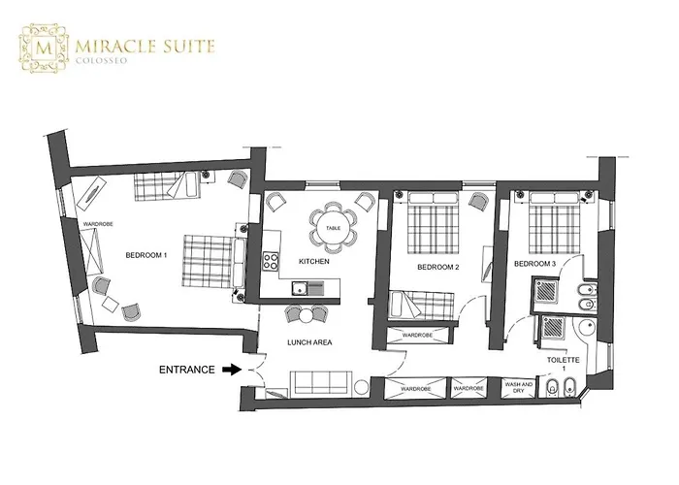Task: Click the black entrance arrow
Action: (x=232, y=370)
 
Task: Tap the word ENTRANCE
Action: (x=186, y=370)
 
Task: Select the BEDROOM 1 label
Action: (x=146, y=255)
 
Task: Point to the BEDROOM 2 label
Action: (x=437, y=267)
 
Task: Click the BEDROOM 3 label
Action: (x=534, y=264)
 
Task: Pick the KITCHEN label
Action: (x=314, y=262)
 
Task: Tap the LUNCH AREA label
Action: (x=309, y=342)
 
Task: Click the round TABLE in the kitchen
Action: (x=333, y=228)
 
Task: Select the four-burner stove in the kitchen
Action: (x=272, y=261)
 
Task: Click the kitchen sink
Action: (x=298, y=288)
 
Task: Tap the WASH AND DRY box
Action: (x=518, y=388)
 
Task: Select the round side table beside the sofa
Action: (x=360, y=387)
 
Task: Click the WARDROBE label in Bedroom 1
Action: (x=98, y=224)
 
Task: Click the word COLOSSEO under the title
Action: (x=101, y=60)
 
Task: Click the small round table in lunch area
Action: (x=307, y=315)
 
